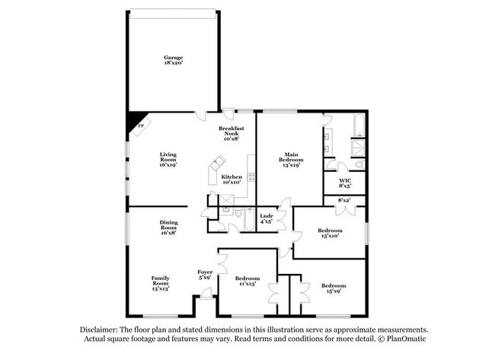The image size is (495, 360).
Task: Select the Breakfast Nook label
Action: pos(231,134)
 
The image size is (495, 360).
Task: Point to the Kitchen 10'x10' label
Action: pos(231,180)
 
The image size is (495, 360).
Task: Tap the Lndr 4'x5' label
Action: pos(267,218)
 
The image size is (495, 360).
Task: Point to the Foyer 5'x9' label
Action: pos(205,275)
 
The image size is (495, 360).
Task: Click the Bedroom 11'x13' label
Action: pos(247,281)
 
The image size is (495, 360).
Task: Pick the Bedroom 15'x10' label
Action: pos(330,233)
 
